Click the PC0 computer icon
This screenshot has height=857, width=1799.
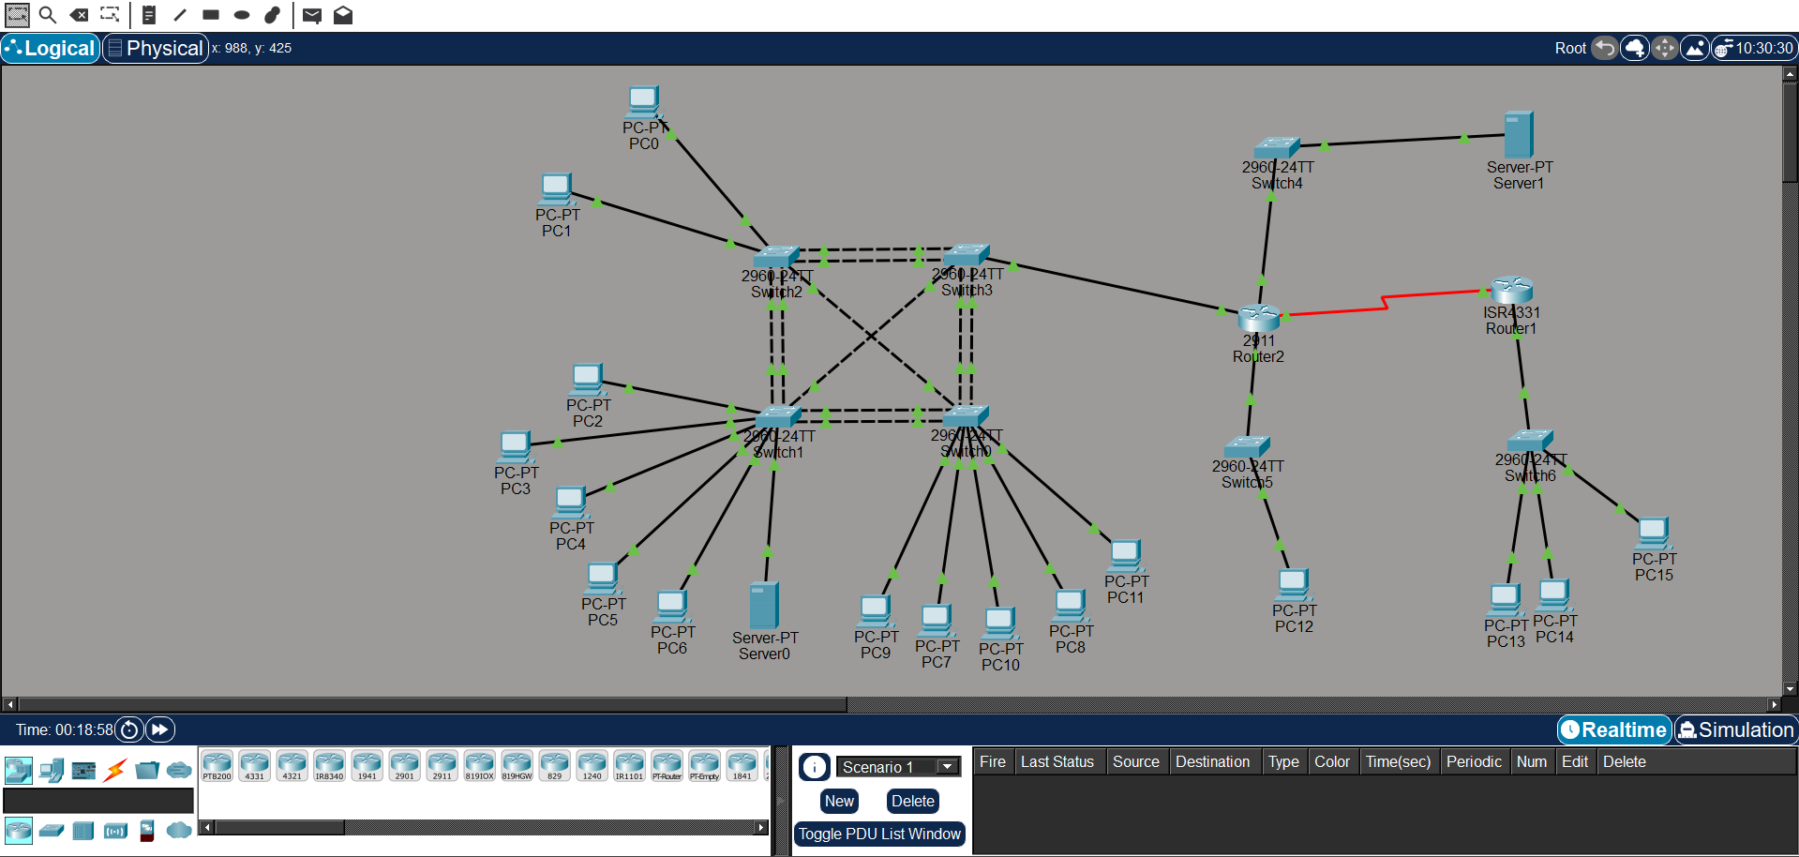pyautogui.click(x=643, y=100)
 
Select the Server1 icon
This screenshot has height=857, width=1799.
pyautogui.click(x=1518, y=134)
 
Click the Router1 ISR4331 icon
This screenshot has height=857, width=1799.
pyautogui.click(x=1511, y=289)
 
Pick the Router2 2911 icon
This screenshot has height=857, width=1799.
pyautogui.click(x=1258, y=318)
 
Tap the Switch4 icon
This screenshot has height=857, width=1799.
pyautogui.click(x=1276, y=147)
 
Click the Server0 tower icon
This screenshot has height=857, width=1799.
pyautogui.click(x=764, y=605)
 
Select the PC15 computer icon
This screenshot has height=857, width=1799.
pyautogui.click(x=1653, y=533)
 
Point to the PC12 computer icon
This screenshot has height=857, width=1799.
pyautogui.click(x=1293, y=584)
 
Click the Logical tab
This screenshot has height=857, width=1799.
pyautogui.click(x=51, y=48)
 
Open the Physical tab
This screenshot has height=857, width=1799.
pyautogui.click(x=156, y=48)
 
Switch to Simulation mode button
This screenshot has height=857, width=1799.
pyautogui.click(x=1736, y=729)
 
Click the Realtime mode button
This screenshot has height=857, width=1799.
pyautogui.click(x=1614, y=729)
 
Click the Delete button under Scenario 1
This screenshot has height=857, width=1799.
pyautogui.click(x=912, y=801)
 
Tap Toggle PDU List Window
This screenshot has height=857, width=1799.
pyautogui.click(x=879, y=834)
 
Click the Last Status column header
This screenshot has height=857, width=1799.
pyautogui.click(x=1057, y=761)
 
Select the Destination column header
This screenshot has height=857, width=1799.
pyautogui.click(x=1212, y=761)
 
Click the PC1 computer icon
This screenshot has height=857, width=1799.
pyautogui.click(x=556, y=188)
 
